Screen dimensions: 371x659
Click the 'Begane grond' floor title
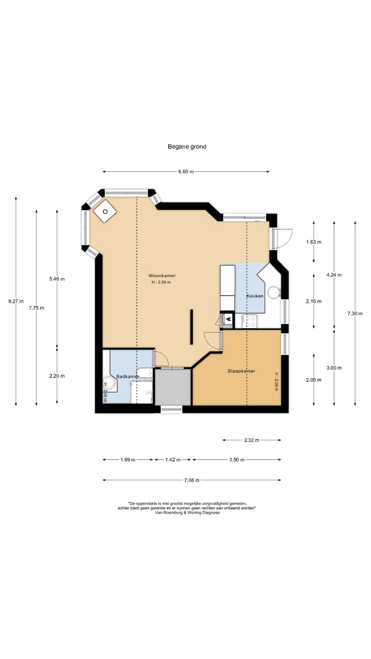(187, 147)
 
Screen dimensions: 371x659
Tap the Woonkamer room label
(162, 276)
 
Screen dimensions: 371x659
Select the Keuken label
(255, 296)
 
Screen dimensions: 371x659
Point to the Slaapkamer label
(241, 371)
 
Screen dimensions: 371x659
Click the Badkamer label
(128, 377)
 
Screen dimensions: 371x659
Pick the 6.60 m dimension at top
(186, 172)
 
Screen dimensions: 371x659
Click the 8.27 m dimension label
(16, 301)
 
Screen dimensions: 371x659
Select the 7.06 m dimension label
(192, 480)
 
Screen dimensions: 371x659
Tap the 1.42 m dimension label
(173, 460)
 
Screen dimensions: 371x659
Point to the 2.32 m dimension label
(252, 440)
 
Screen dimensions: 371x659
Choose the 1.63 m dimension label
(314, 242)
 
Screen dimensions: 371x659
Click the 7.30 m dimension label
(355, 313)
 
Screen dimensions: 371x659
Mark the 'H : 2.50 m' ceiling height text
(161, 282)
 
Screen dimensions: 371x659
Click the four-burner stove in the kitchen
(249, 322)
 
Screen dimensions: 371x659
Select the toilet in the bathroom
(145, 373)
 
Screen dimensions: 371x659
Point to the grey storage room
(173, 387)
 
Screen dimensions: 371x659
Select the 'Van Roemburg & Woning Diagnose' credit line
(187, 513)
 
